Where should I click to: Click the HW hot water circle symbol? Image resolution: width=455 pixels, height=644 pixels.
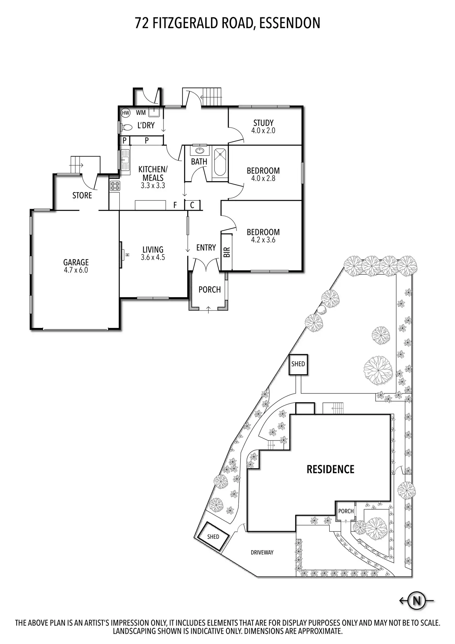(x=125, y=113)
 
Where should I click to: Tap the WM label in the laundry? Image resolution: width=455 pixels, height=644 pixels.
(x=141, y=113)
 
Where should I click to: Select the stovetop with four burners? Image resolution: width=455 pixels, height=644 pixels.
(x=115, y=186)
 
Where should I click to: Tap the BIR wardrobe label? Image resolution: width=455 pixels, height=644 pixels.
(x=227, y=252)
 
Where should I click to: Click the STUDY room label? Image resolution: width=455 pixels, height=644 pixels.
(x=263, y=123)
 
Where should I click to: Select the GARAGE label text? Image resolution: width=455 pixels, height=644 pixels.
(x=76, y=262)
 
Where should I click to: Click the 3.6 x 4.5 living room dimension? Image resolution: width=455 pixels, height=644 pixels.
(x=153, y=257)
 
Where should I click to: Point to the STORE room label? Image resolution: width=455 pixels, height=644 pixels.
(x=82, y=195)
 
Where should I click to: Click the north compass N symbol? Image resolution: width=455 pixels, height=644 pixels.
(x=417, y=601)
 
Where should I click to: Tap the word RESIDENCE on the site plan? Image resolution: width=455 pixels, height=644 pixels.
(x=330, y=469)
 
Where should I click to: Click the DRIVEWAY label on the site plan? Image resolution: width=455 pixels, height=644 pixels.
(x=262, y=552)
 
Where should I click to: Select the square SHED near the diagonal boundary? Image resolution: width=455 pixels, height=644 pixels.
(x=298, y=364)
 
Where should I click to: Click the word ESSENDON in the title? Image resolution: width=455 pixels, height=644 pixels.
(x=289, y=23)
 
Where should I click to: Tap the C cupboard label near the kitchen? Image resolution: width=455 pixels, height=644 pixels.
(x=192, y=205)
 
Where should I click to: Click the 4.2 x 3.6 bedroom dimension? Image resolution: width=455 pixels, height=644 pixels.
(x=263, y=240)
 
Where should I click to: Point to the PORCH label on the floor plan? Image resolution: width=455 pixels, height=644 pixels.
(x=209, y=290)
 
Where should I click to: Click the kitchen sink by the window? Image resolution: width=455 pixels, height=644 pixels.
(x=125, y=160)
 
